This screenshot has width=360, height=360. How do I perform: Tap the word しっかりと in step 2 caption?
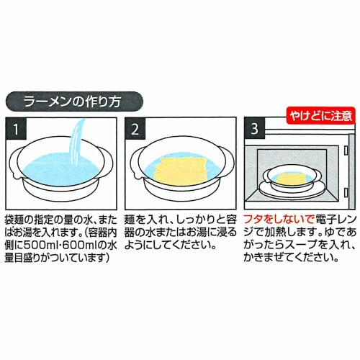coord(196,219)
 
